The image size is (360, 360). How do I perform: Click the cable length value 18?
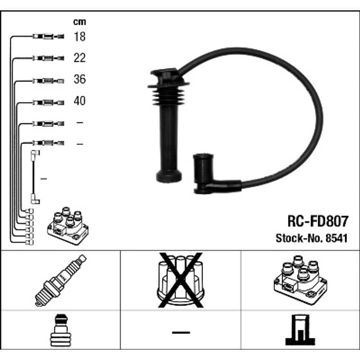80,37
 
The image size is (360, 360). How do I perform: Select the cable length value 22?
80,58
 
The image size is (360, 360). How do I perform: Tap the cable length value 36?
80,79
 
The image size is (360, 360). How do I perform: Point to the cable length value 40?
80,101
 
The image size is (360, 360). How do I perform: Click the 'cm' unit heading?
80,22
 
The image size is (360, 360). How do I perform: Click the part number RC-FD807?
318,221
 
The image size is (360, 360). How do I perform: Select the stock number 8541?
336,238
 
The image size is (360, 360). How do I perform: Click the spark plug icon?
61,280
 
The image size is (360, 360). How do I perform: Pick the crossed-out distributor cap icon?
180,280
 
